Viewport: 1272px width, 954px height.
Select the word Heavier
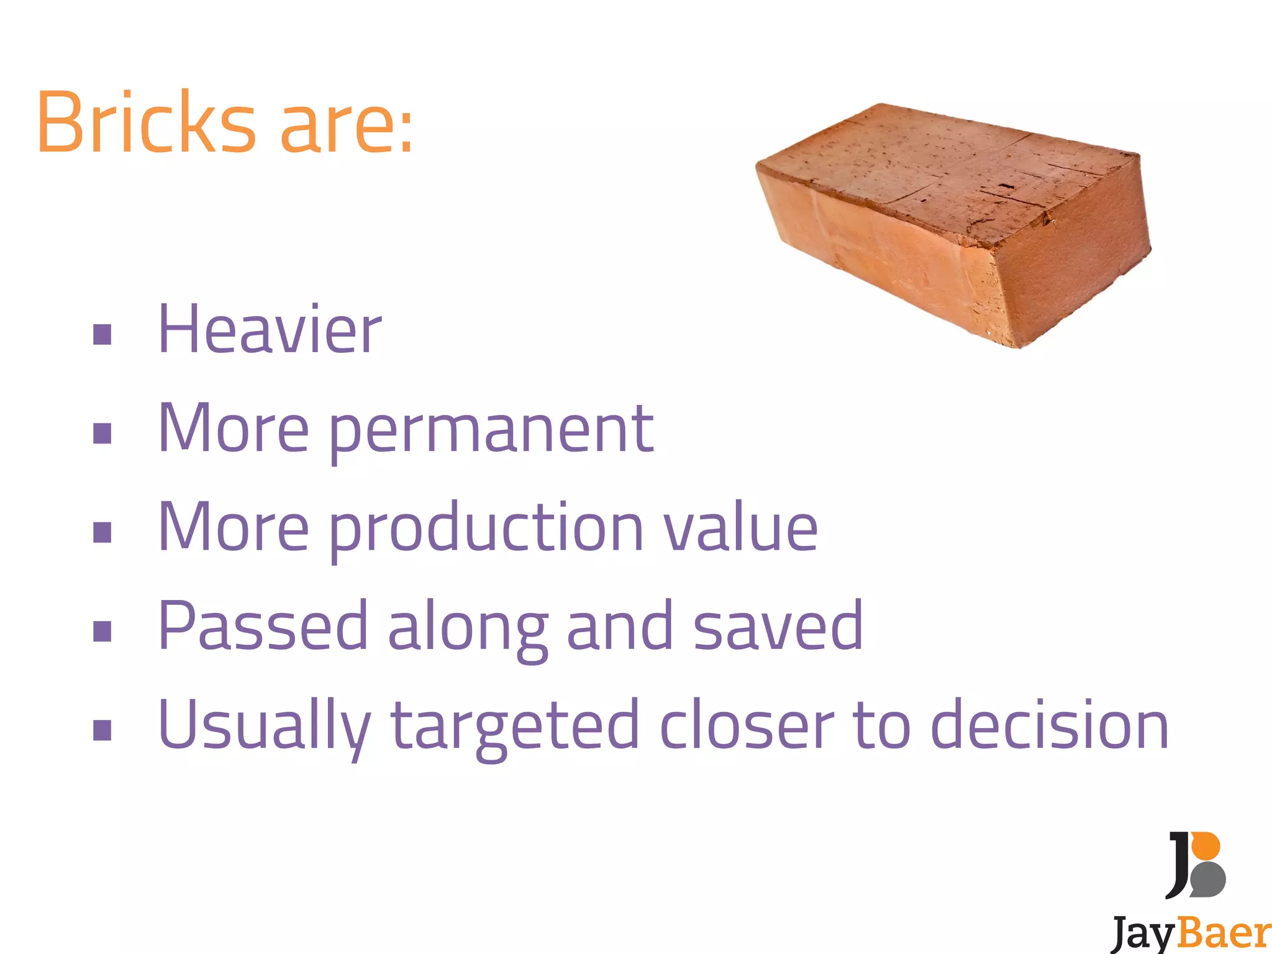coord(270,330)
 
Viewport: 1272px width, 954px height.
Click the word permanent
coord(491,430)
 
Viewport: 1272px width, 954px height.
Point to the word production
coord(486,529)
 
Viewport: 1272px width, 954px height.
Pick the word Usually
coord(265,727)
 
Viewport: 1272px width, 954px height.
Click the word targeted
coord(515,727)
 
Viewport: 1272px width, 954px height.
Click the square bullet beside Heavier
coord(102,335)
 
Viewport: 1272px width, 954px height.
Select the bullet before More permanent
coord(102,434)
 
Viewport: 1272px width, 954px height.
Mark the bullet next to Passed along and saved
coord(102,631)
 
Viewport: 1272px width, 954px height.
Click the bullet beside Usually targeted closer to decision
coord(102,730)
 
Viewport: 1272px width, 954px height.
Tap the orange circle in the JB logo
coord(1206,846)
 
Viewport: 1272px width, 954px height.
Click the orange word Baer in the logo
coord(1223,934)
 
